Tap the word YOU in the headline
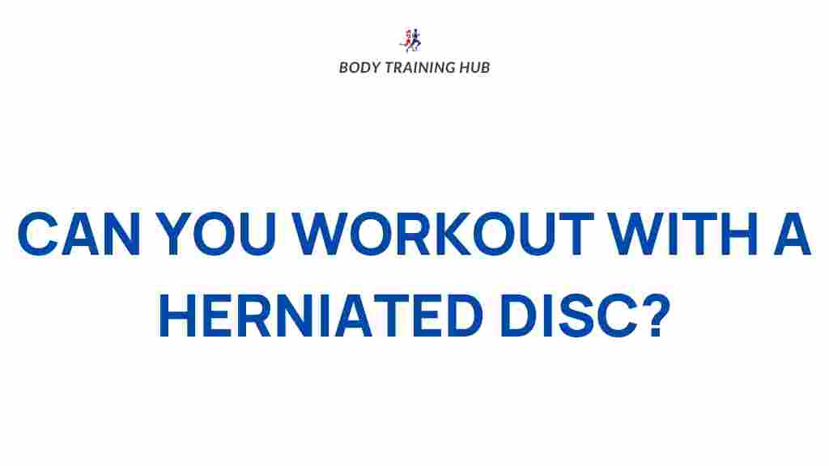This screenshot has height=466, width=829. (215, 234)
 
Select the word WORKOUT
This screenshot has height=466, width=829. (443, 234)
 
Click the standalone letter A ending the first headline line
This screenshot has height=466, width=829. (792, 234)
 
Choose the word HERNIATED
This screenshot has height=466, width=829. (321, 316)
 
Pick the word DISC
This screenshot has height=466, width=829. (569, 316)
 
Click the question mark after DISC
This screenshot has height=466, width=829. (656, 316)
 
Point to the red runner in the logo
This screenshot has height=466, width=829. (407, 40)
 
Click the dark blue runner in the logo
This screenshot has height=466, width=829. (415, 40)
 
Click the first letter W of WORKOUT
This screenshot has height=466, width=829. (321, 234)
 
